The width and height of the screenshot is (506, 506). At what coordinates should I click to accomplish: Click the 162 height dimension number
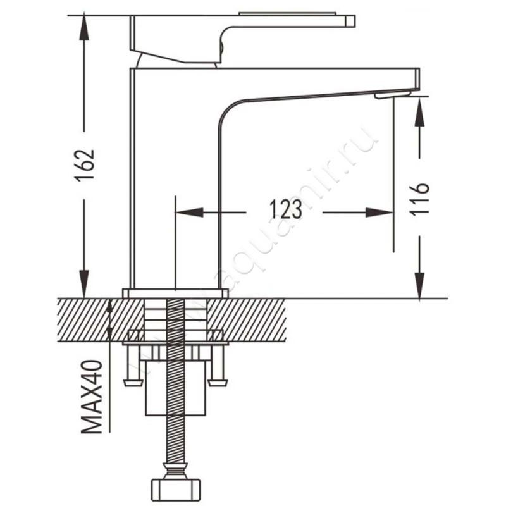(85, 165)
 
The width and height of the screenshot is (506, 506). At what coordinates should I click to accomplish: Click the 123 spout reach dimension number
(285, 209)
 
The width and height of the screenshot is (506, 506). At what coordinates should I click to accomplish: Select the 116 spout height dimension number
(419, 199)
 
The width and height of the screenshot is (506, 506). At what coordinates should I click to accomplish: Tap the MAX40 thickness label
(92, 397)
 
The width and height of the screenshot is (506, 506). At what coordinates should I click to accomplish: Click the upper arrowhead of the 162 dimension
(84, 27)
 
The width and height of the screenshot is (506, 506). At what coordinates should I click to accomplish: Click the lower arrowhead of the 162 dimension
(84, 285)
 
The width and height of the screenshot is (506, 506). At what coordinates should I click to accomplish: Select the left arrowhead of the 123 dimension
(188, 213)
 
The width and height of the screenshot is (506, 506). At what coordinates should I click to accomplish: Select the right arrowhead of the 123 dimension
(379, 213)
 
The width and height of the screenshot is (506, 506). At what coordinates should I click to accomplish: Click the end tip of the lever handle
(350, 21)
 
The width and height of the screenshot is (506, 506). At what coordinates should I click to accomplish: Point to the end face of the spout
(417, 78)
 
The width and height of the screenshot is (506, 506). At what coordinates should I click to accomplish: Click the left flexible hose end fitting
(133, 383)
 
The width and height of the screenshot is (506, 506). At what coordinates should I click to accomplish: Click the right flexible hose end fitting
(218, 383)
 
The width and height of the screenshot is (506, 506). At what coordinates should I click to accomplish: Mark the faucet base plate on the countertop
(175, 293)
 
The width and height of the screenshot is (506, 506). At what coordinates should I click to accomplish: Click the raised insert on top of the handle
(287, 13)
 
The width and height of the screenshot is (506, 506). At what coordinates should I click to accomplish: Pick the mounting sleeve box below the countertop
(176, 388)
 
